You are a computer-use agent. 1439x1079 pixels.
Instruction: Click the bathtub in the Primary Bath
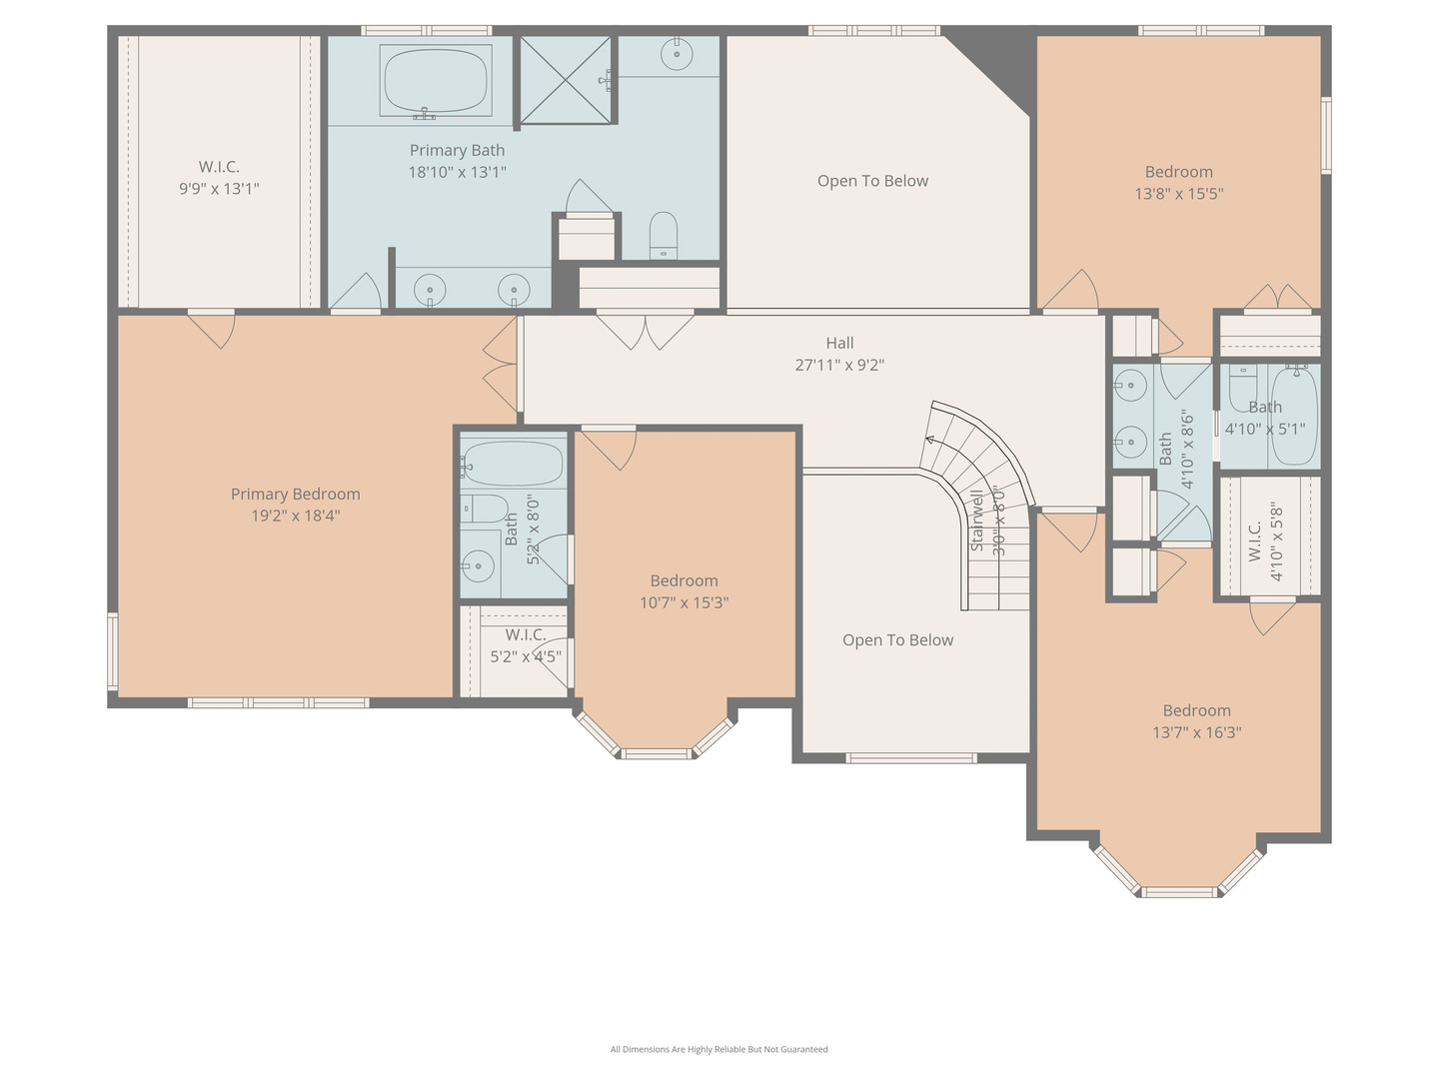[436, 80]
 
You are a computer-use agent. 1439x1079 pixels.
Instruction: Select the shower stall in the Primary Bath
[565, 80]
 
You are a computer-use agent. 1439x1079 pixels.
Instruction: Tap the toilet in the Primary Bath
[664, 235]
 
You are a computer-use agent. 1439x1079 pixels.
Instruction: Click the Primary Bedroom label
[295, 494]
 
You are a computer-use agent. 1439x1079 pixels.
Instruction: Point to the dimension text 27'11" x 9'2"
[839, 365]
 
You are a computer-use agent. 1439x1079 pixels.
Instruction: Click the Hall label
[839, 343]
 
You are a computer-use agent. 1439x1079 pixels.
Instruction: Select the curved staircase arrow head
[929, 438]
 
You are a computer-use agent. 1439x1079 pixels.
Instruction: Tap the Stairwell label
[977, 520]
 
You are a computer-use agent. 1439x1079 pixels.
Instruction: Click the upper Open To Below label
[872, 181]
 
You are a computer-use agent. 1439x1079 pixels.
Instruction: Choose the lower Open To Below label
[897, 640]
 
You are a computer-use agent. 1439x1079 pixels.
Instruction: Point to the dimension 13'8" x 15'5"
[1179, 194]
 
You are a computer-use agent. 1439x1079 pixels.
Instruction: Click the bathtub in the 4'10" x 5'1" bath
[1295, 415]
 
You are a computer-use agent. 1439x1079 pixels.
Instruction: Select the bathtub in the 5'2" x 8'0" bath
[514, 464]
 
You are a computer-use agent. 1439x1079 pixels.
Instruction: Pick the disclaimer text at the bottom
[719, 1049]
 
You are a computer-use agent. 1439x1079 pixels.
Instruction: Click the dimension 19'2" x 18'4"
[295, 516]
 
